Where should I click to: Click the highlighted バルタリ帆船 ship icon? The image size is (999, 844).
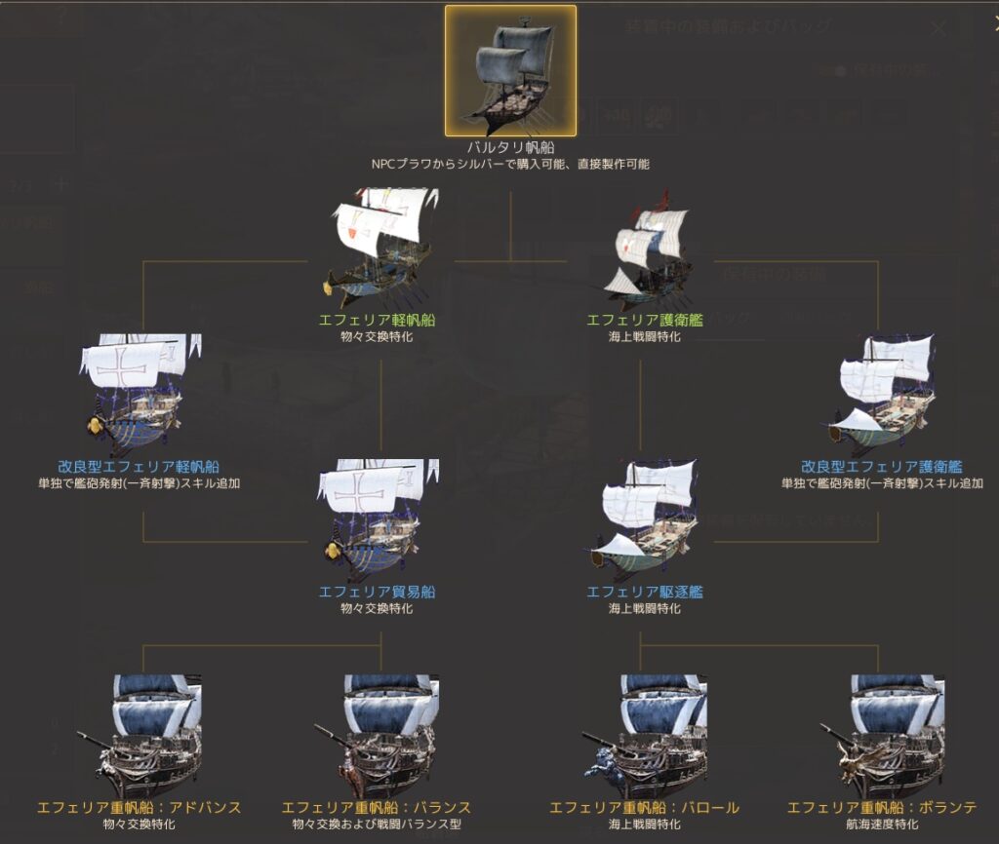coord(510,71)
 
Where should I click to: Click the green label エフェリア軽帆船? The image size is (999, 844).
coord(376,319)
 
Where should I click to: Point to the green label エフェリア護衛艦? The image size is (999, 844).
coord(644,319)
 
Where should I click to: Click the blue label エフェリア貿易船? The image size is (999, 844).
coord(377,592)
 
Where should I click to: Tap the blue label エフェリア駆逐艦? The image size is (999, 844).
coord(644,592)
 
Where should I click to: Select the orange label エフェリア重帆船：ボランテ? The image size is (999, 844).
coord(881,808)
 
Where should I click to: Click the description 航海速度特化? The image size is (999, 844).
coord(881,825)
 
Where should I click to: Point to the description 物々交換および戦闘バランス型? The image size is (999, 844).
coord(377,825)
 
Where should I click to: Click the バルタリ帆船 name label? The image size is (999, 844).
coord(510,148)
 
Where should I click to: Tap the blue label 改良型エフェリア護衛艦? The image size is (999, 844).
coord(880,467)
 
